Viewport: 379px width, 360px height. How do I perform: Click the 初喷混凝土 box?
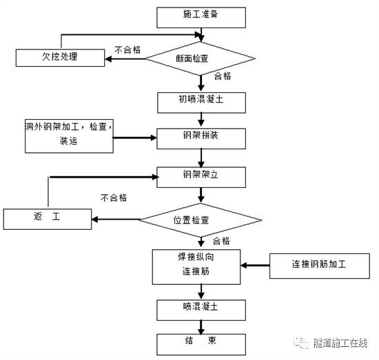[200, 102]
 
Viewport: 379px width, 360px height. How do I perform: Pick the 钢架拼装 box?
[200, 137]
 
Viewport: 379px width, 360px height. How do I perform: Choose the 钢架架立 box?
[200, 176]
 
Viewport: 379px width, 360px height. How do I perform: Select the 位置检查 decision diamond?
[201, 220]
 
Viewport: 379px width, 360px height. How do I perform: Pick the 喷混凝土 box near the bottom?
[200, 307]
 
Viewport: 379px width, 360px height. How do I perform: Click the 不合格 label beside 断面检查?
[128, 50]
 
